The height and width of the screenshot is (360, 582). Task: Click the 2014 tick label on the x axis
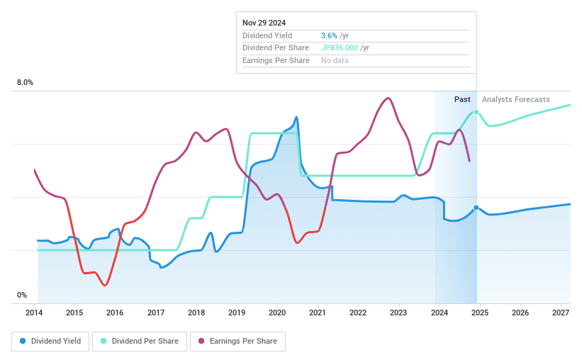pos(35,313)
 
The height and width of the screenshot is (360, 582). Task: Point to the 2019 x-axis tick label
pos(237,313)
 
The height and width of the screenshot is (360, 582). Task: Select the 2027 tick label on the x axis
pos(561,313)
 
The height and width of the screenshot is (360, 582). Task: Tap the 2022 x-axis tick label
pos(358,313)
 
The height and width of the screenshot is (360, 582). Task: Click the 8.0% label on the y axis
pos(25,83)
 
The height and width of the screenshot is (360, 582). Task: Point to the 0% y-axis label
pos(22,296)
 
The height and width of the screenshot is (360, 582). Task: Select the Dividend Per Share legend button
pos(140,341)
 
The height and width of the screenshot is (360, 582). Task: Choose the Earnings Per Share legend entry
pos(237,341)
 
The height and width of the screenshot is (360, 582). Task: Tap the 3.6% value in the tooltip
pos(330,35)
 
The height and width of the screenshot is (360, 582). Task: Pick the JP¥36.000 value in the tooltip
pos(340,48)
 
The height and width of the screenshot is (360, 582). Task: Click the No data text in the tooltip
pos(335,61)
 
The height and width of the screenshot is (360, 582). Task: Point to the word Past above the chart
pos(462,99)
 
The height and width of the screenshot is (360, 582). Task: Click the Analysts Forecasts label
pos(515,99)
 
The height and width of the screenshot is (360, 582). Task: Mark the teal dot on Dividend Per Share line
pos(476,112)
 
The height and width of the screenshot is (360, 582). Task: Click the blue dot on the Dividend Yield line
pos(476,208)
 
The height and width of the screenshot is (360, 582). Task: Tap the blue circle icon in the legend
pos(23,341)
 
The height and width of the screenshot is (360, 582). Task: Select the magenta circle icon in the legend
pos(201,341)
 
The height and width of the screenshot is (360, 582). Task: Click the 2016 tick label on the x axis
pos(115,313)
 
